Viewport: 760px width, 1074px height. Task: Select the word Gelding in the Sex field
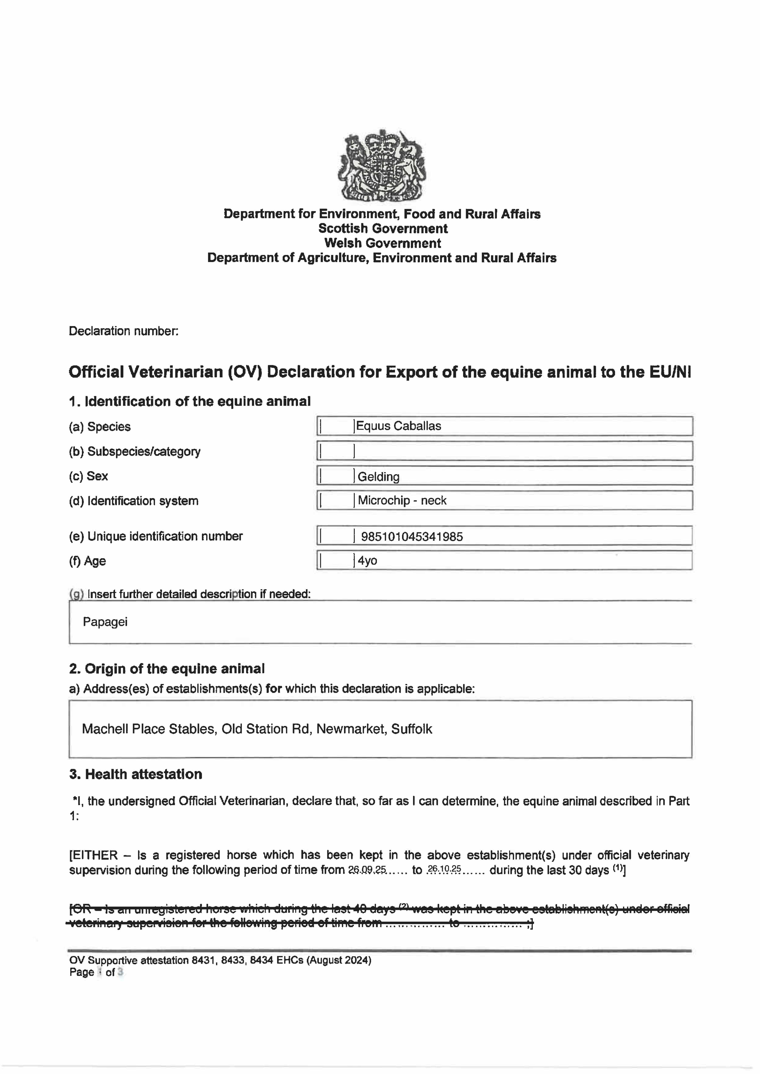point(378,477)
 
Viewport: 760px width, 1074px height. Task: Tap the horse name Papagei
point(105,622)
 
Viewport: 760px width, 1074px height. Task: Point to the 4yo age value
point(368,560)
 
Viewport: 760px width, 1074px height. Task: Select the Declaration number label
point(124,331)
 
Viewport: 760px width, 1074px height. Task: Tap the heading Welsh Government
point(382,243)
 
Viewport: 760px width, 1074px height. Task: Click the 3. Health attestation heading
point(136,774)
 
